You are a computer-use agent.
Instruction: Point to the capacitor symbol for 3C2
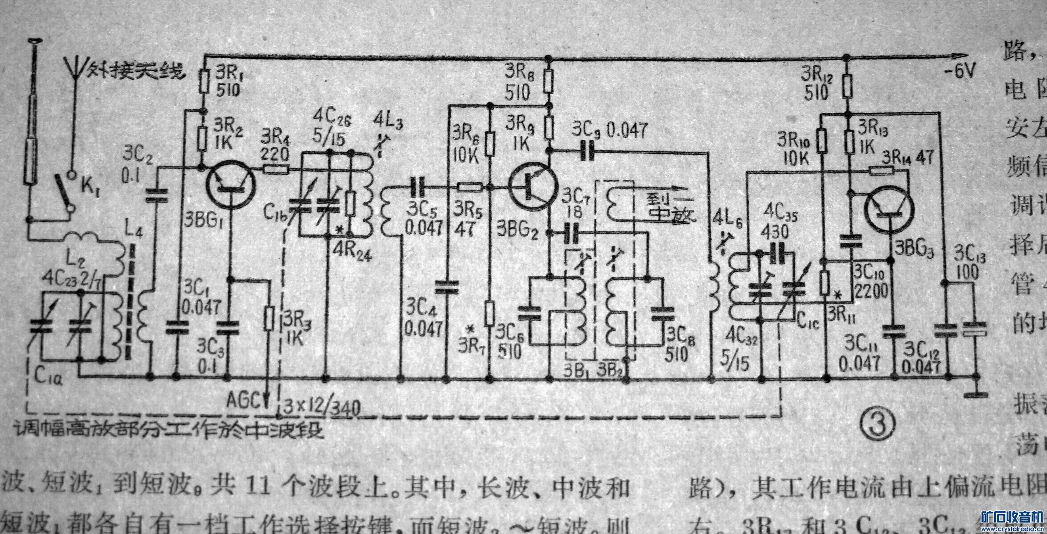click(157, 196)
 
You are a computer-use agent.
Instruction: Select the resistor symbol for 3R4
click(276, 169)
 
